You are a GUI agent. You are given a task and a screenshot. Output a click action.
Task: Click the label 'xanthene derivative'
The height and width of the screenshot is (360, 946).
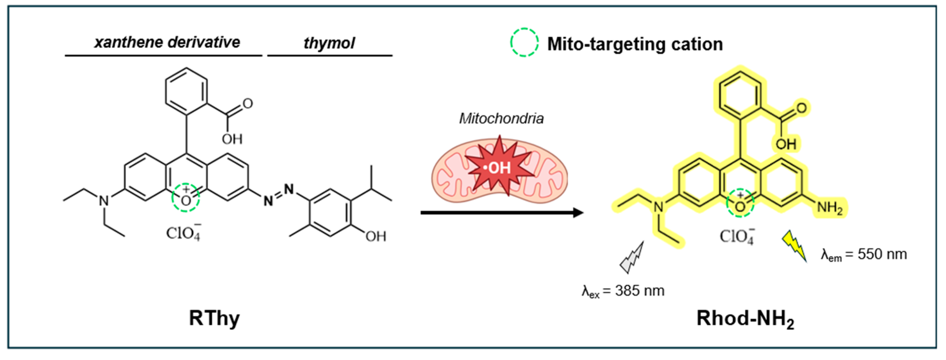coord(167,42)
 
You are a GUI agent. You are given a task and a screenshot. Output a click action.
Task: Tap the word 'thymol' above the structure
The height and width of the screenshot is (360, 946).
coord(329,43)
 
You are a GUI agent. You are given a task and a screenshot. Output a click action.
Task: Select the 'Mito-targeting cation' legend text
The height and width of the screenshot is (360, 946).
coord(635,44)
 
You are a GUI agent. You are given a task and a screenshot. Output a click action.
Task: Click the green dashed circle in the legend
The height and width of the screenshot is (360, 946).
coord(524,42)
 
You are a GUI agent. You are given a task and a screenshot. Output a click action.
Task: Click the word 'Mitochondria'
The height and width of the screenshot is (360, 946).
coord(501,118)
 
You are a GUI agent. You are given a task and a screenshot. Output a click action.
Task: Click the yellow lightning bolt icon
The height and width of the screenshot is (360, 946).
coord(794,245)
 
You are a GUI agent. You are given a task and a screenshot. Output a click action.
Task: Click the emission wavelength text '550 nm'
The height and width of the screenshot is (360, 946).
coord(882,254)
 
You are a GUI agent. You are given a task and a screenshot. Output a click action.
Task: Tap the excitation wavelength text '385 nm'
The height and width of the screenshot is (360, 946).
coord(640,291)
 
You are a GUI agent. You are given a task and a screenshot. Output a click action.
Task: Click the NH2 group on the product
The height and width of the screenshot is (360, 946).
coord(829,208)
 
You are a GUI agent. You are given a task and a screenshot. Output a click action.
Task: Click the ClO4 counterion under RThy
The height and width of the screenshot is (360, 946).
coord(183,232)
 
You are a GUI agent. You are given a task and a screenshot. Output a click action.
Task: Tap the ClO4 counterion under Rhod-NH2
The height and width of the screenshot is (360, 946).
coord(737,236)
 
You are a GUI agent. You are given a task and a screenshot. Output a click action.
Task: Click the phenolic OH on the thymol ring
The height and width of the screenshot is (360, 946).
coord(375,236)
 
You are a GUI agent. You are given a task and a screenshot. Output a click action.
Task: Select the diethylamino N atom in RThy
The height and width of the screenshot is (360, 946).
coord(104,200)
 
